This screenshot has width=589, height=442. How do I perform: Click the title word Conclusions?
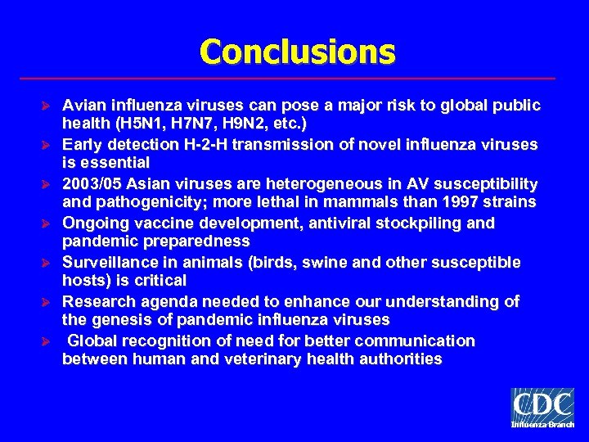(297, 52)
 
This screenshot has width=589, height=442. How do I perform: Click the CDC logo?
(542, 405)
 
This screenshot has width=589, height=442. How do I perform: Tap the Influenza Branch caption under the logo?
(542, 426)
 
